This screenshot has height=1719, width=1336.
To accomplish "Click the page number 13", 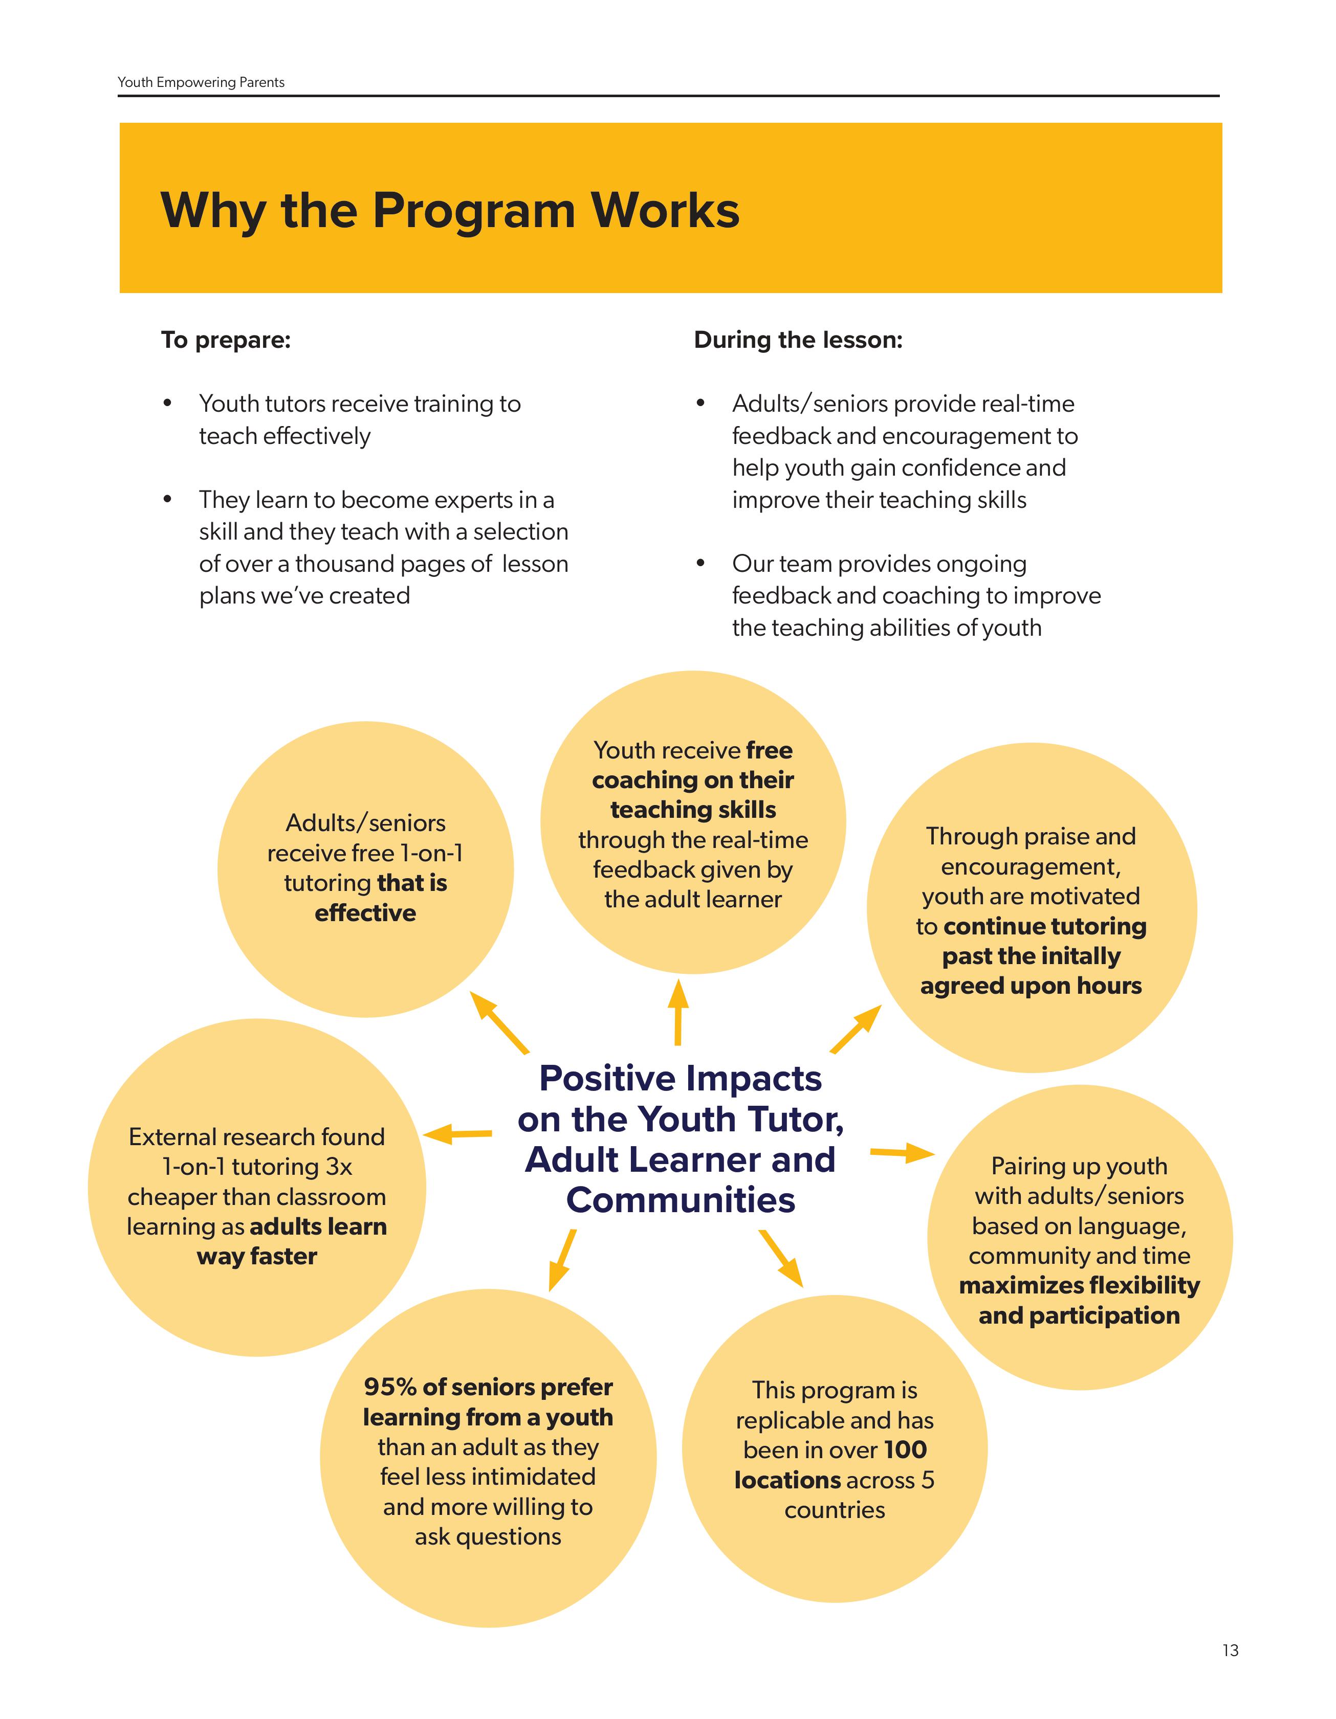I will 1231,1650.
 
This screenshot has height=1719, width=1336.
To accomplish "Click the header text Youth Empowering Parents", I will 201,83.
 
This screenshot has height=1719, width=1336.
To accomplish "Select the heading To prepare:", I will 226,340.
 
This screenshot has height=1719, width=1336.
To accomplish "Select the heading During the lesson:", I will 798,340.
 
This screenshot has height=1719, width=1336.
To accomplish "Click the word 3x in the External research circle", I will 339,1167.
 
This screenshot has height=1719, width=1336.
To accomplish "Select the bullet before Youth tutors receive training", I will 167,404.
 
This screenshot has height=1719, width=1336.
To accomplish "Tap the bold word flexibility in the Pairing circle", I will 1140,1285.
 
